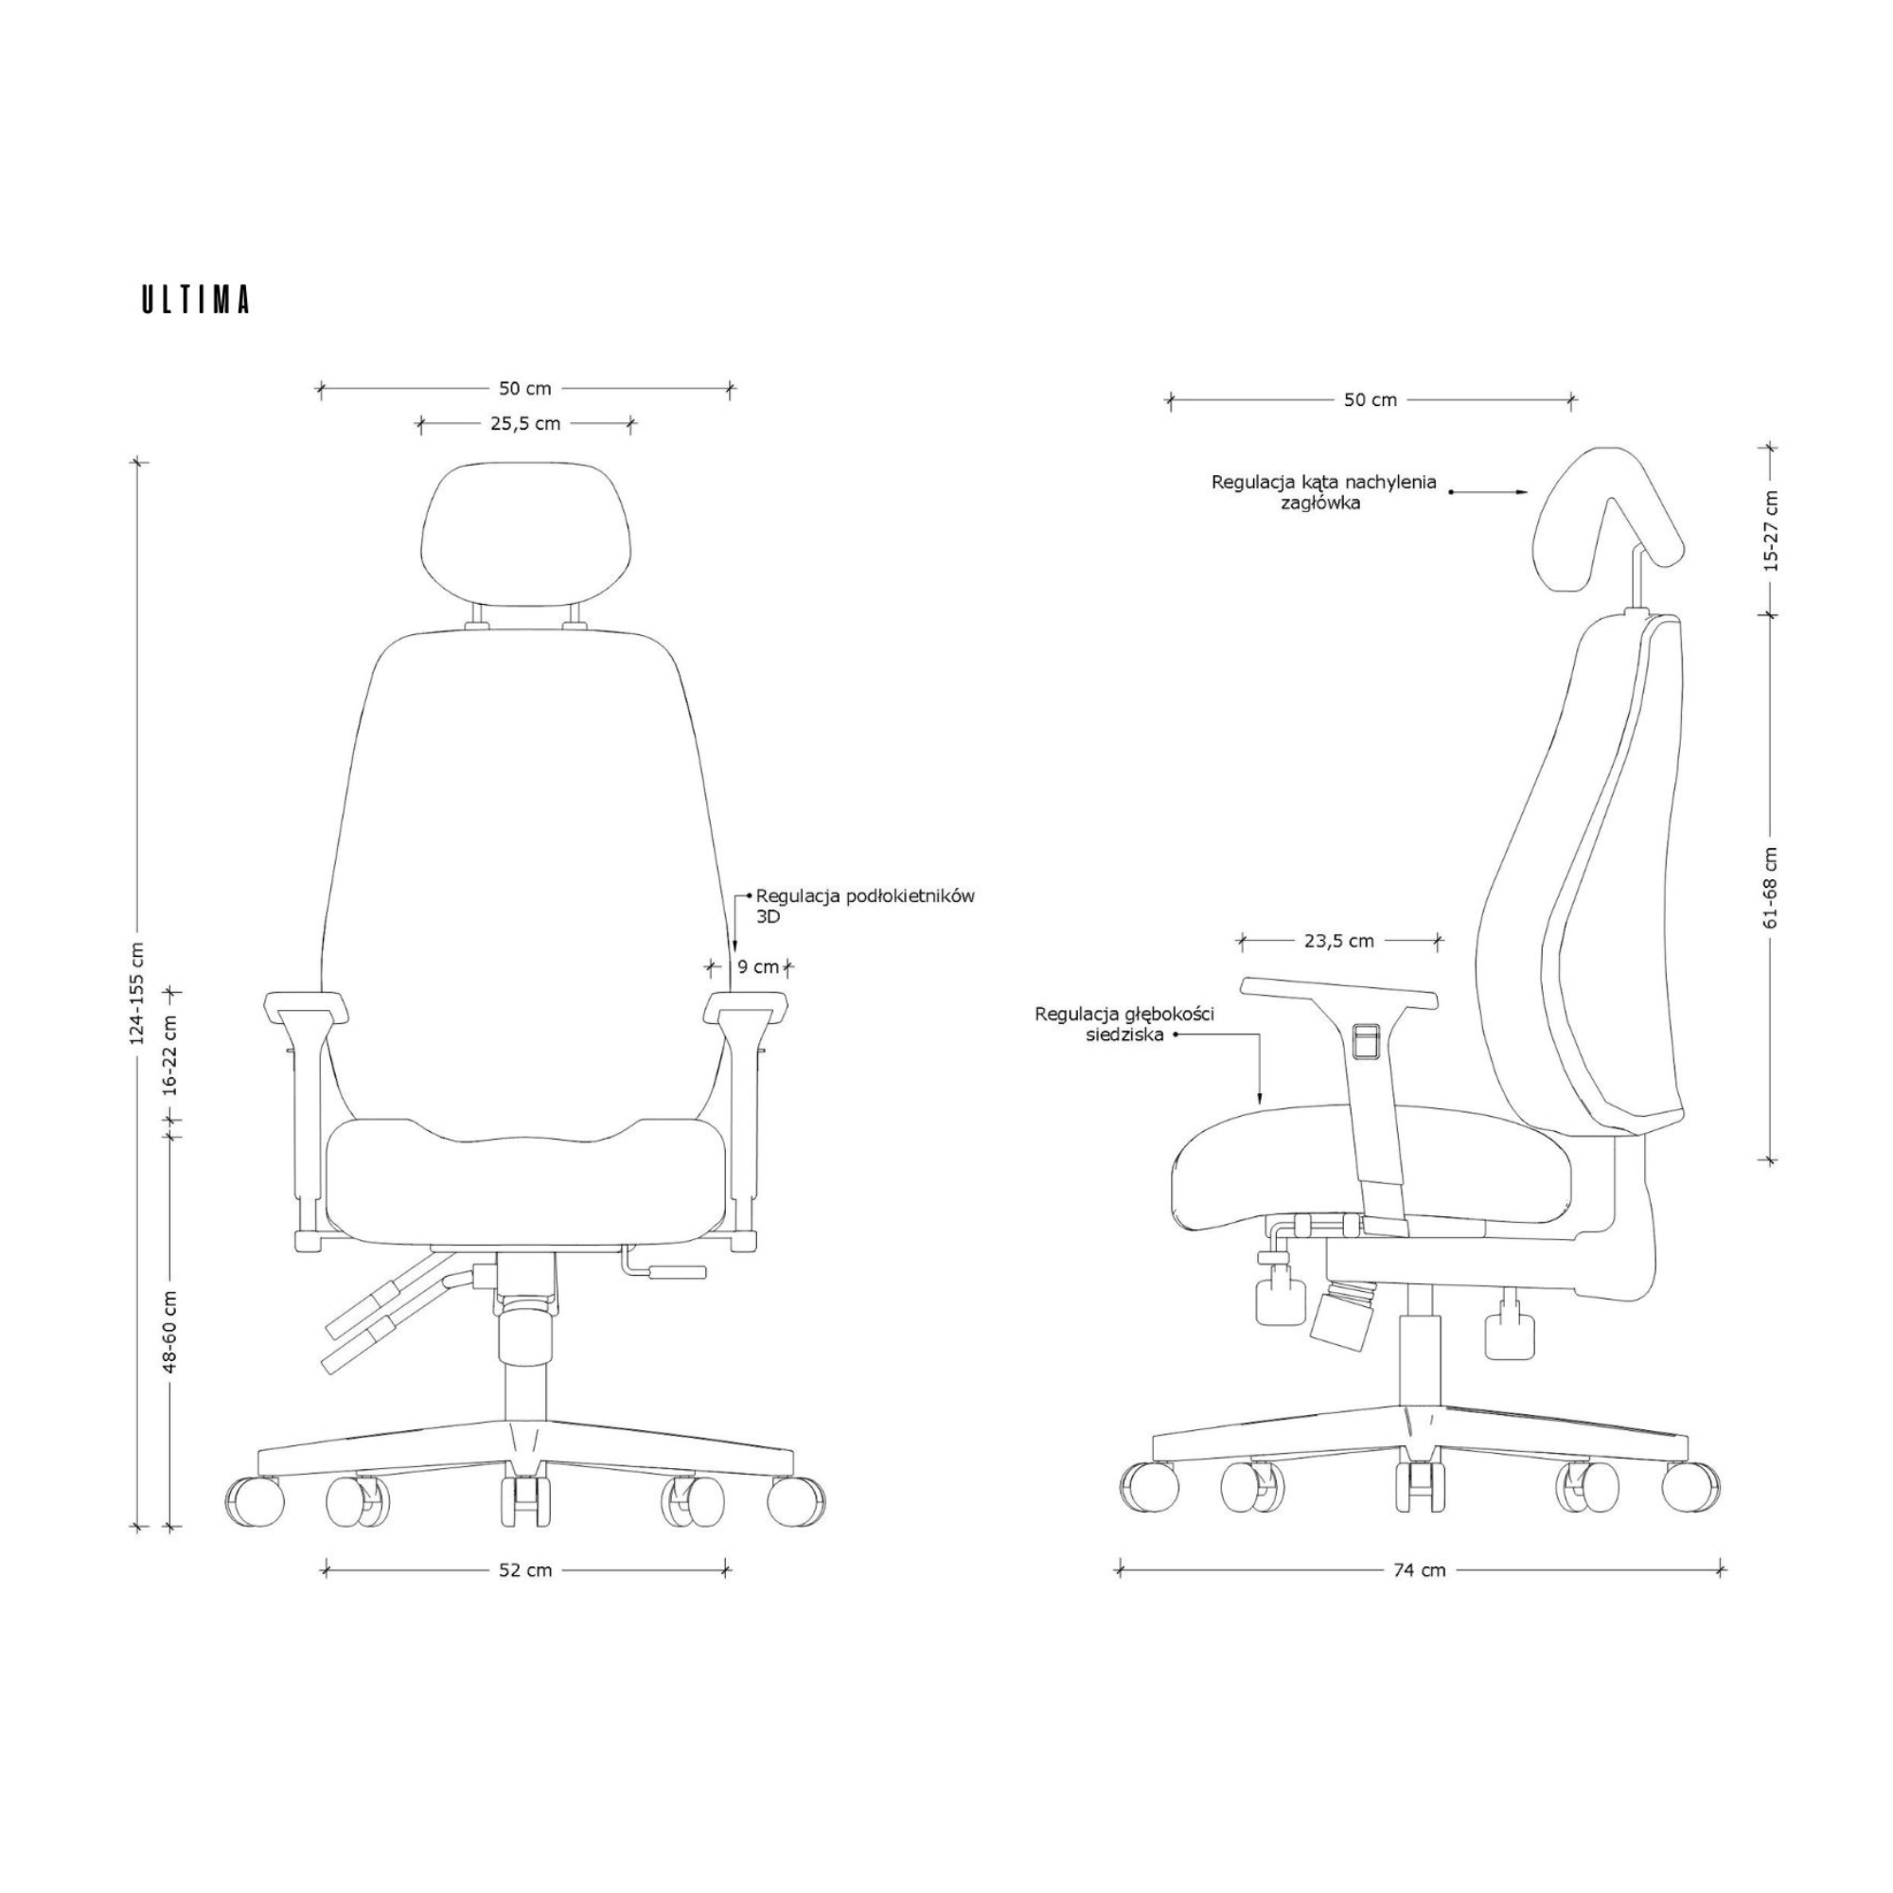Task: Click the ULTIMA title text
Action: tap(196, 300)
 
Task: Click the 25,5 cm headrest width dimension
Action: tap(525, 424)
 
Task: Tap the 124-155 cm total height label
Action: tap(137, 993)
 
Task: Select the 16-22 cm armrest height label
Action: tap(169, 1053)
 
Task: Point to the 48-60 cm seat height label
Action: tap(169, 1331)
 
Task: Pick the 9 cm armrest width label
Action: tap(758, 967)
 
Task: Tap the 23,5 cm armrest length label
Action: tap(1338, 941)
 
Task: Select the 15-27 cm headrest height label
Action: tap(1770, 530)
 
